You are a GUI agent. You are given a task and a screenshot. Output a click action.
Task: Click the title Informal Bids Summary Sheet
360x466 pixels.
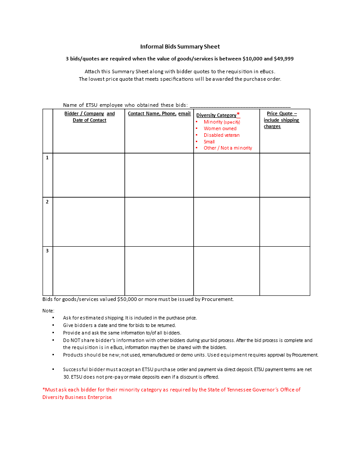click(180, 46)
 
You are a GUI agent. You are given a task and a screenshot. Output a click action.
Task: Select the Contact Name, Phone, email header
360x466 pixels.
click(159, 113)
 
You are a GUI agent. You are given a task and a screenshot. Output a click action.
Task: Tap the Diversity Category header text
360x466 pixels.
click(216, 115)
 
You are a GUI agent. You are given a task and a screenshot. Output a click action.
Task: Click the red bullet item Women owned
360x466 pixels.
click(220, 128)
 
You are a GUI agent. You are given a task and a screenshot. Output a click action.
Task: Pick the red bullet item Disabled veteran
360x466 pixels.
click(221, 135)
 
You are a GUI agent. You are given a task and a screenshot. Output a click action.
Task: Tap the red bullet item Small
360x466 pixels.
click(209, 142)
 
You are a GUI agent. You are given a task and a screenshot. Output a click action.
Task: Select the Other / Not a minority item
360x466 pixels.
click(228, 148)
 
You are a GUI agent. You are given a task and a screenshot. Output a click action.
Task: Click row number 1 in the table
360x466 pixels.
click(47, 158)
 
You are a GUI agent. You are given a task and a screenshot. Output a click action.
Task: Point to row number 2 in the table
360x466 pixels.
click(47, 202)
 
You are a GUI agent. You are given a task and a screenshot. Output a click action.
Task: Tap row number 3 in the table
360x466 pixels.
click(47, 251)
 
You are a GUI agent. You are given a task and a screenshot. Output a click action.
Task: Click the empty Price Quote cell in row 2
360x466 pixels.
click(285, 222)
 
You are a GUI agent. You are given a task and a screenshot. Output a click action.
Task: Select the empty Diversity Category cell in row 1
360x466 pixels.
click(226, 175)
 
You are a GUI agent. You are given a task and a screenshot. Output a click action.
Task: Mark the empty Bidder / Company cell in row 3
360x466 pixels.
click(89, 271)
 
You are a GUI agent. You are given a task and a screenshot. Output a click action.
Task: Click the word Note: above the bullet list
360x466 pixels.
click(49, 311)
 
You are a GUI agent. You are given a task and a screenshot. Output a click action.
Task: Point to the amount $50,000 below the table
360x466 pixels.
click(127, 299)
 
